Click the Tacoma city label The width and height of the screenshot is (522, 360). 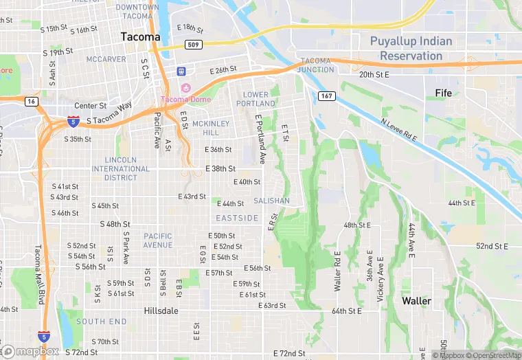coord(140,36)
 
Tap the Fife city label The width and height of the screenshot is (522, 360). coord(444,92)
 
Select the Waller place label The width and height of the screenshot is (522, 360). coord(416,301)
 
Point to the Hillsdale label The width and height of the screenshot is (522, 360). coord(161,311)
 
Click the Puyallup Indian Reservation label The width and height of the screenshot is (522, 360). coord(411,48)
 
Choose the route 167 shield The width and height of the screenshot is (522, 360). coord(326,96)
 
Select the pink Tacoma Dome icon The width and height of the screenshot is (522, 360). coord(185,88)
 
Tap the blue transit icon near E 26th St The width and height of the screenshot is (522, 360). coord(181,71)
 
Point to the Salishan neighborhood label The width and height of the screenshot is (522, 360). coord(271,201)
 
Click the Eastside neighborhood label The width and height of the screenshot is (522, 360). coord(237,218)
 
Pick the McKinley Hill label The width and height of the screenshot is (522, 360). coord(205,127)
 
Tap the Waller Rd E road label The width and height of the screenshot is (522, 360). coord(338,270)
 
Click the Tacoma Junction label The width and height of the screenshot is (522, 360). coord(315,65)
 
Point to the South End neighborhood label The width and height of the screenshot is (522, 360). coord(101,321)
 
